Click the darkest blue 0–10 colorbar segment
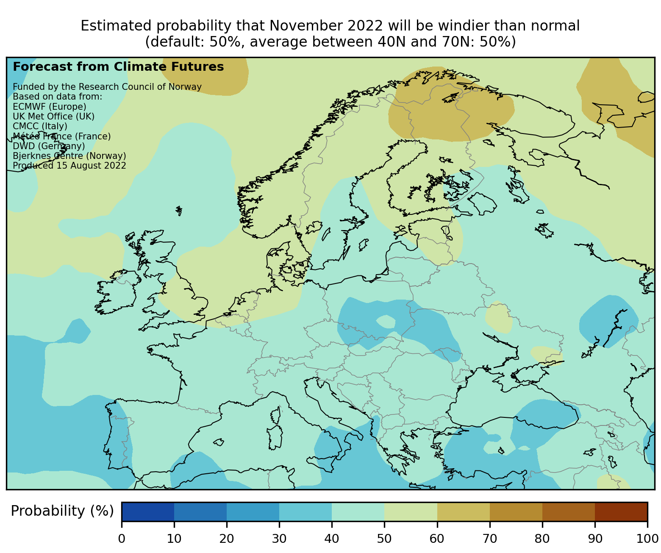[148, 511]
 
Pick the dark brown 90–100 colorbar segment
[621, 511]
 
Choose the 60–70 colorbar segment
[463, 511]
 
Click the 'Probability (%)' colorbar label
[62, 511]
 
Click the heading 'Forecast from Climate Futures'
[118, 67]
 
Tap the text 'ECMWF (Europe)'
[50, 106]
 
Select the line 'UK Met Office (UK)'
[54, 116]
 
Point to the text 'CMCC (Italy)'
[40, 126]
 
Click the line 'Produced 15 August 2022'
[69, 165]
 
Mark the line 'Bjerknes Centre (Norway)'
[69, 156]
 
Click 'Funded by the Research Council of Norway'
[107, 87]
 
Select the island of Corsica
[276, 415]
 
